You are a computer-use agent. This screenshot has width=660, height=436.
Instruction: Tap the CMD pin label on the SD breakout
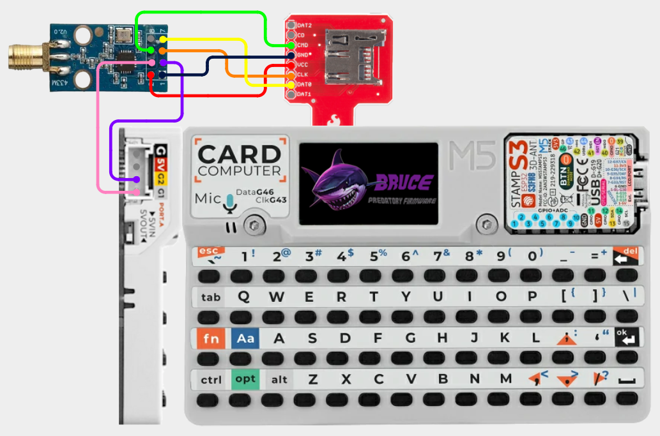click(x=304, y=45)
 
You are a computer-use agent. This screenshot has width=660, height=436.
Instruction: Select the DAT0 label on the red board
click(x=305, y=84)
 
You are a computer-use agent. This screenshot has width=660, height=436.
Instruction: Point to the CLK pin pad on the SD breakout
click(x=291, y=75)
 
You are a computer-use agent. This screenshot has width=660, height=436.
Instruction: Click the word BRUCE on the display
click(x=401, y=181)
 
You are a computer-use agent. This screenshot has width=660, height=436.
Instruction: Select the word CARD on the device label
click(x=239, y=154)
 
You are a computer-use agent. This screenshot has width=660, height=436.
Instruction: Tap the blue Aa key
click(x=245, y=338)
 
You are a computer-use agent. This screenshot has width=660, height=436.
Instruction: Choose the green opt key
click(x=245, y=379)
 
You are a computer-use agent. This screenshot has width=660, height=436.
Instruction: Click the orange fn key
click(x=211, y=338)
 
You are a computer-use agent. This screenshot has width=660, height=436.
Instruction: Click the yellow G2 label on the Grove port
click(x=161, y=178)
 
